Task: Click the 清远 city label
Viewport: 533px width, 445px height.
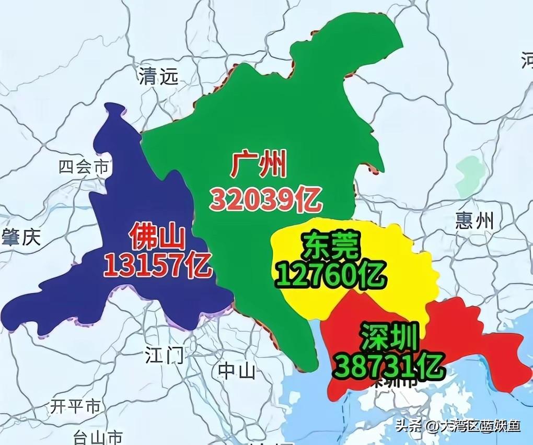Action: click(x=158, y=77)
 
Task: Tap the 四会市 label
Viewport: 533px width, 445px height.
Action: click(x=84, y=167)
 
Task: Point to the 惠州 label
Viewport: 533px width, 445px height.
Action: click(x=474, y=220)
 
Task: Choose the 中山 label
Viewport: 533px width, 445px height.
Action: click(x=237, y=370)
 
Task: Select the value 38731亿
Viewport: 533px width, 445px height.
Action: click(x=389, y=366)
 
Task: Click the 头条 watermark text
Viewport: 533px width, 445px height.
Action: click(x=409, y=426)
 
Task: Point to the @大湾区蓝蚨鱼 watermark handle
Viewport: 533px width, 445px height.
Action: click(x=473, y=426)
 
